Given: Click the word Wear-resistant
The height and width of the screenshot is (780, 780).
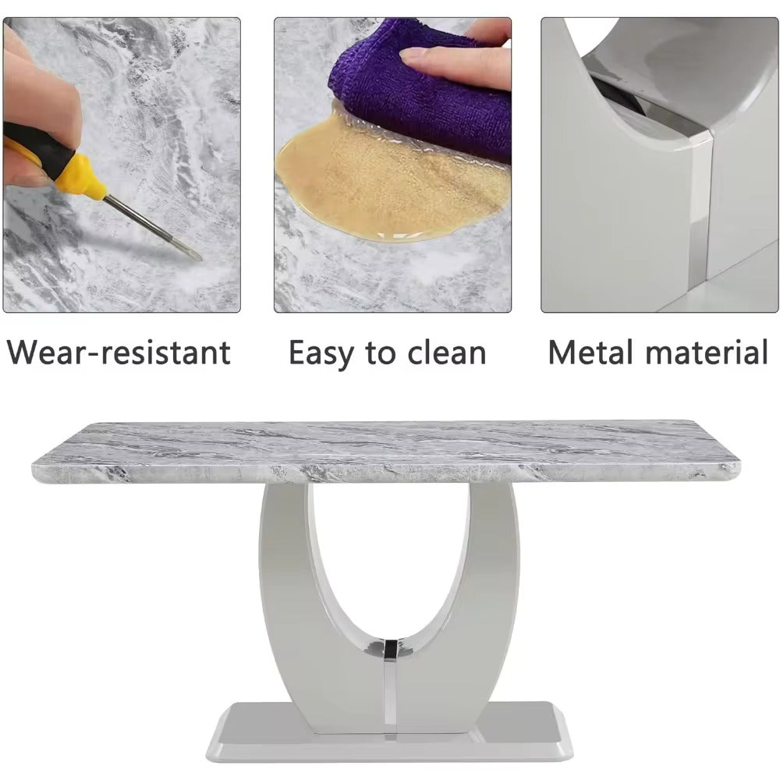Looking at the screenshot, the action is tap(119, 353).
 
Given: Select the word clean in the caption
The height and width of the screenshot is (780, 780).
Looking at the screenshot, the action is tap(446, 353).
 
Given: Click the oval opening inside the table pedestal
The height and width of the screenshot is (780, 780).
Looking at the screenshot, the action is tap(388, 552).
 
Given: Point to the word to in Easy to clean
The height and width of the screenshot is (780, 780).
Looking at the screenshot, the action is tap(381, 353).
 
